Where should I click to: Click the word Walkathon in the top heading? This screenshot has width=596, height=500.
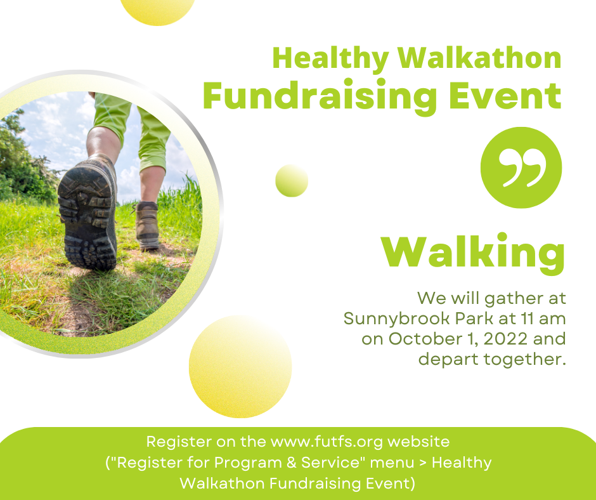pyautogui.click(x=480, y=58)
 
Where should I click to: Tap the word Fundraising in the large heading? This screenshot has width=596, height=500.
pyautogui.click(x=320, y=97)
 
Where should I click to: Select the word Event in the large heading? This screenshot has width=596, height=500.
pyautogui.click(x=505, y=95)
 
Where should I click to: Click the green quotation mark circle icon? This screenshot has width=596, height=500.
pyautogui.click(x=521, y=168)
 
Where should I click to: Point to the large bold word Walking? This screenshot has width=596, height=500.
pyautogui.click(x=473, y=253)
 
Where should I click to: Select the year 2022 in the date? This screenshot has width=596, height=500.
pyautogui.click(x=505, y=339)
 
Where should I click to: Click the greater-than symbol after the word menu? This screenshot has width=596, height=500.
pyautogui.click(x=423, y=463)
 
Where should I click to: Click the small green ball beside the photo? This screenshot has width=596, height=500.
pyautogui.click(x=292, y=181)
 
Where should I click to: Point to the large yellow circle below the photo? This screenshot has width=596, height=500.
pyautogui.click(x=240, y=367)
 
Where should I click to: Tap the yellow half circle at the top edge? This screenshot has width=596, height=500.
pyautogui.click(x=157, y=11)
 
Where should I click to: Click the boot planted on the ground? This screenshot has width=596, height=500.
pyautogui.click(x=147, y=226)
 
